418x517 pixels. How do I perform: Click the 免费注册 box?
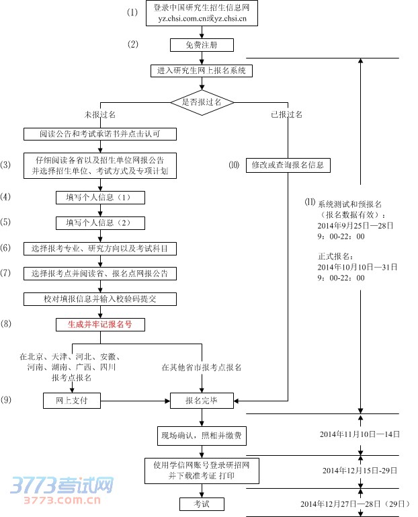(201, 45)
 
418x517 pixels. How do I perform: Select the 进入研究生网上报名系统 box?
(201, 70)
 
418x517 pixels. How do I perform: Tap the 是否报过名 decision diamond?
(201, 102)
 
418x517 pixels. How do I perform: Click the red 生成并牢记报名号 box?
(100, 324)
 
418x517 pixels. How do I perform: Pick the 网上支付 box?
(71, 401)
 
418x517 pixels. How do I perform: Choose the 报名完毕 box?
(201, 401)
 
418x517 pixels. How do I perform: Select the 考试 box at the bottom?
(201, 504)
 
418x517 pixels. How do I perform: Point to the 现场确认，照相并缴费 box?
(201, 436)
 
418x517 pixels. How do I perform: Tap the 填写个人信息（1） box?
(100, 198)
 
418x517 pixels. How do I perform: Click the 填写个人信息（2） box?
(100, 223)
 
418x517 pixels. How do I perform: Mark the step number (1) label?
(132, 13)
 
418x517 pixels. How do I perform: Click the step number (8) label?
(6, 324)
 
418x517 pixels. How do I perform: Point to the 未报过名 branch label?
(99, 115)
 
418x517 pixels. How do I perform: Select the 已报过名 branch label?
(286, 115)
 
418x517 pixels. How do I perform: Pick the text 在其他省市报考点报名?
(201, 368)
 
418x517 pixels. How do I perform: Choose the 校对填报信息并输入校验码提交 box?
(100, 299)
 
